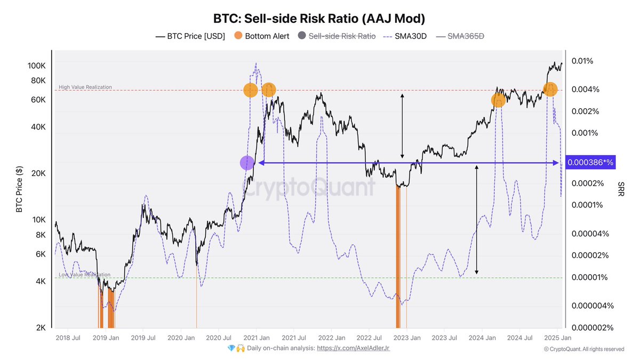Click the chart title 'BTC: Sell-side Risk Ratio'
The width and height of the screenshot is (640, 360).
[319, 19]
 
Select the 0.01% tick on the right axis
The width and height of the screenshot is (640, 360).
[582, 61]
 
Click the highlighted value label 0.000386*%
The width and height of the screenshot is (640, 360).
[590, 162]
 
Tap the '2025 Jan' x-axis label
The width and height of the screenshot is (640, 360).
[559, 338]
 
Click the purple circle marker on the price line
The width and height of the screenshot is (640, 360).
[247, 163]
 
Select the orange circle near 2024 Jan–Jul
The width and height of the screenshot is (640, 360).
[498, 100]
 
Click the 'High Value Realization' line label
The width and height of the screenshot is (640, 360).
[85, 87]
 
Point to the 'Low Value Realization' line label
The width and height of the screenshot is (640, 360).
[84, 275]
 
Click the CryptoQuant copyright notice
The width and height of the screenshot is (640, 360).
[583, 349]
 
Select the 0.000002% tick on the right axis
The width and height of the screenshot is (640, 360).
[591, 328]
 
